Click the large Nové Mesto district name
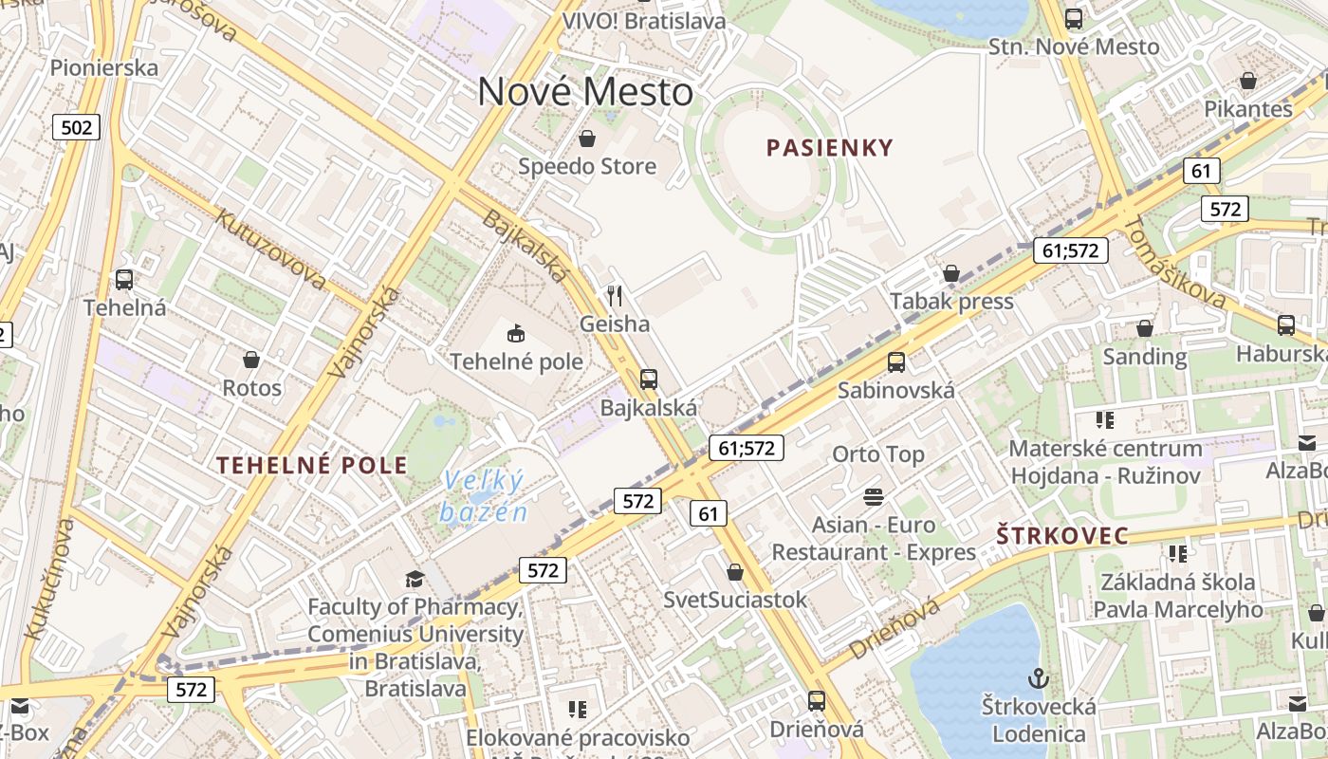click(x=585, y=92)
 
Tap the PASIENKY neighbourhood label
click(x=830, y=147)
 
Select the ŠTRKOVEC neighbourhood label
click(x=1062, y=536)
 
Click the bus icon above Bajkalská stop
click(x=649, y=379)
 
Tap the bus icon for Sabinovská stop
click(x=896, y=361)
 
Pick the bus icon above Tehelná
click(x=124, y=280)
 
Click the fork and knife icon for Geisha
click(x=615, y=296)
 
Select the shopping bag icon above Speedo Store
click(x=587, y=139)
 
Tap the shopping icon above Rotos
click(x=251, y=360)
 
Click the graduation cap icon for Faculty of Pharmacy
click(x=415, y=579)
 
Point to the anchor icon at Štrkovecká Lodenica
click(x=1039, y=678)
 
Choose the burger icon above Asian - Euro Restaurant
click(x=873, y=496)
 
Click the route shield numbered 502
click(x=76, y=127)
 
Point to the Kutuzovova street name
click(x=271, y=249)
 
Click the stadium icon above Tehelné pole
click(x=516, y=333)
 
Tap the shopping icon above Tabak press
click(x=951, y=274)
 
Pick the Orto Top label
click(x=877, y=454)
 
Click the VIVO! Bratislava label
click(x=643, y=21)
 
